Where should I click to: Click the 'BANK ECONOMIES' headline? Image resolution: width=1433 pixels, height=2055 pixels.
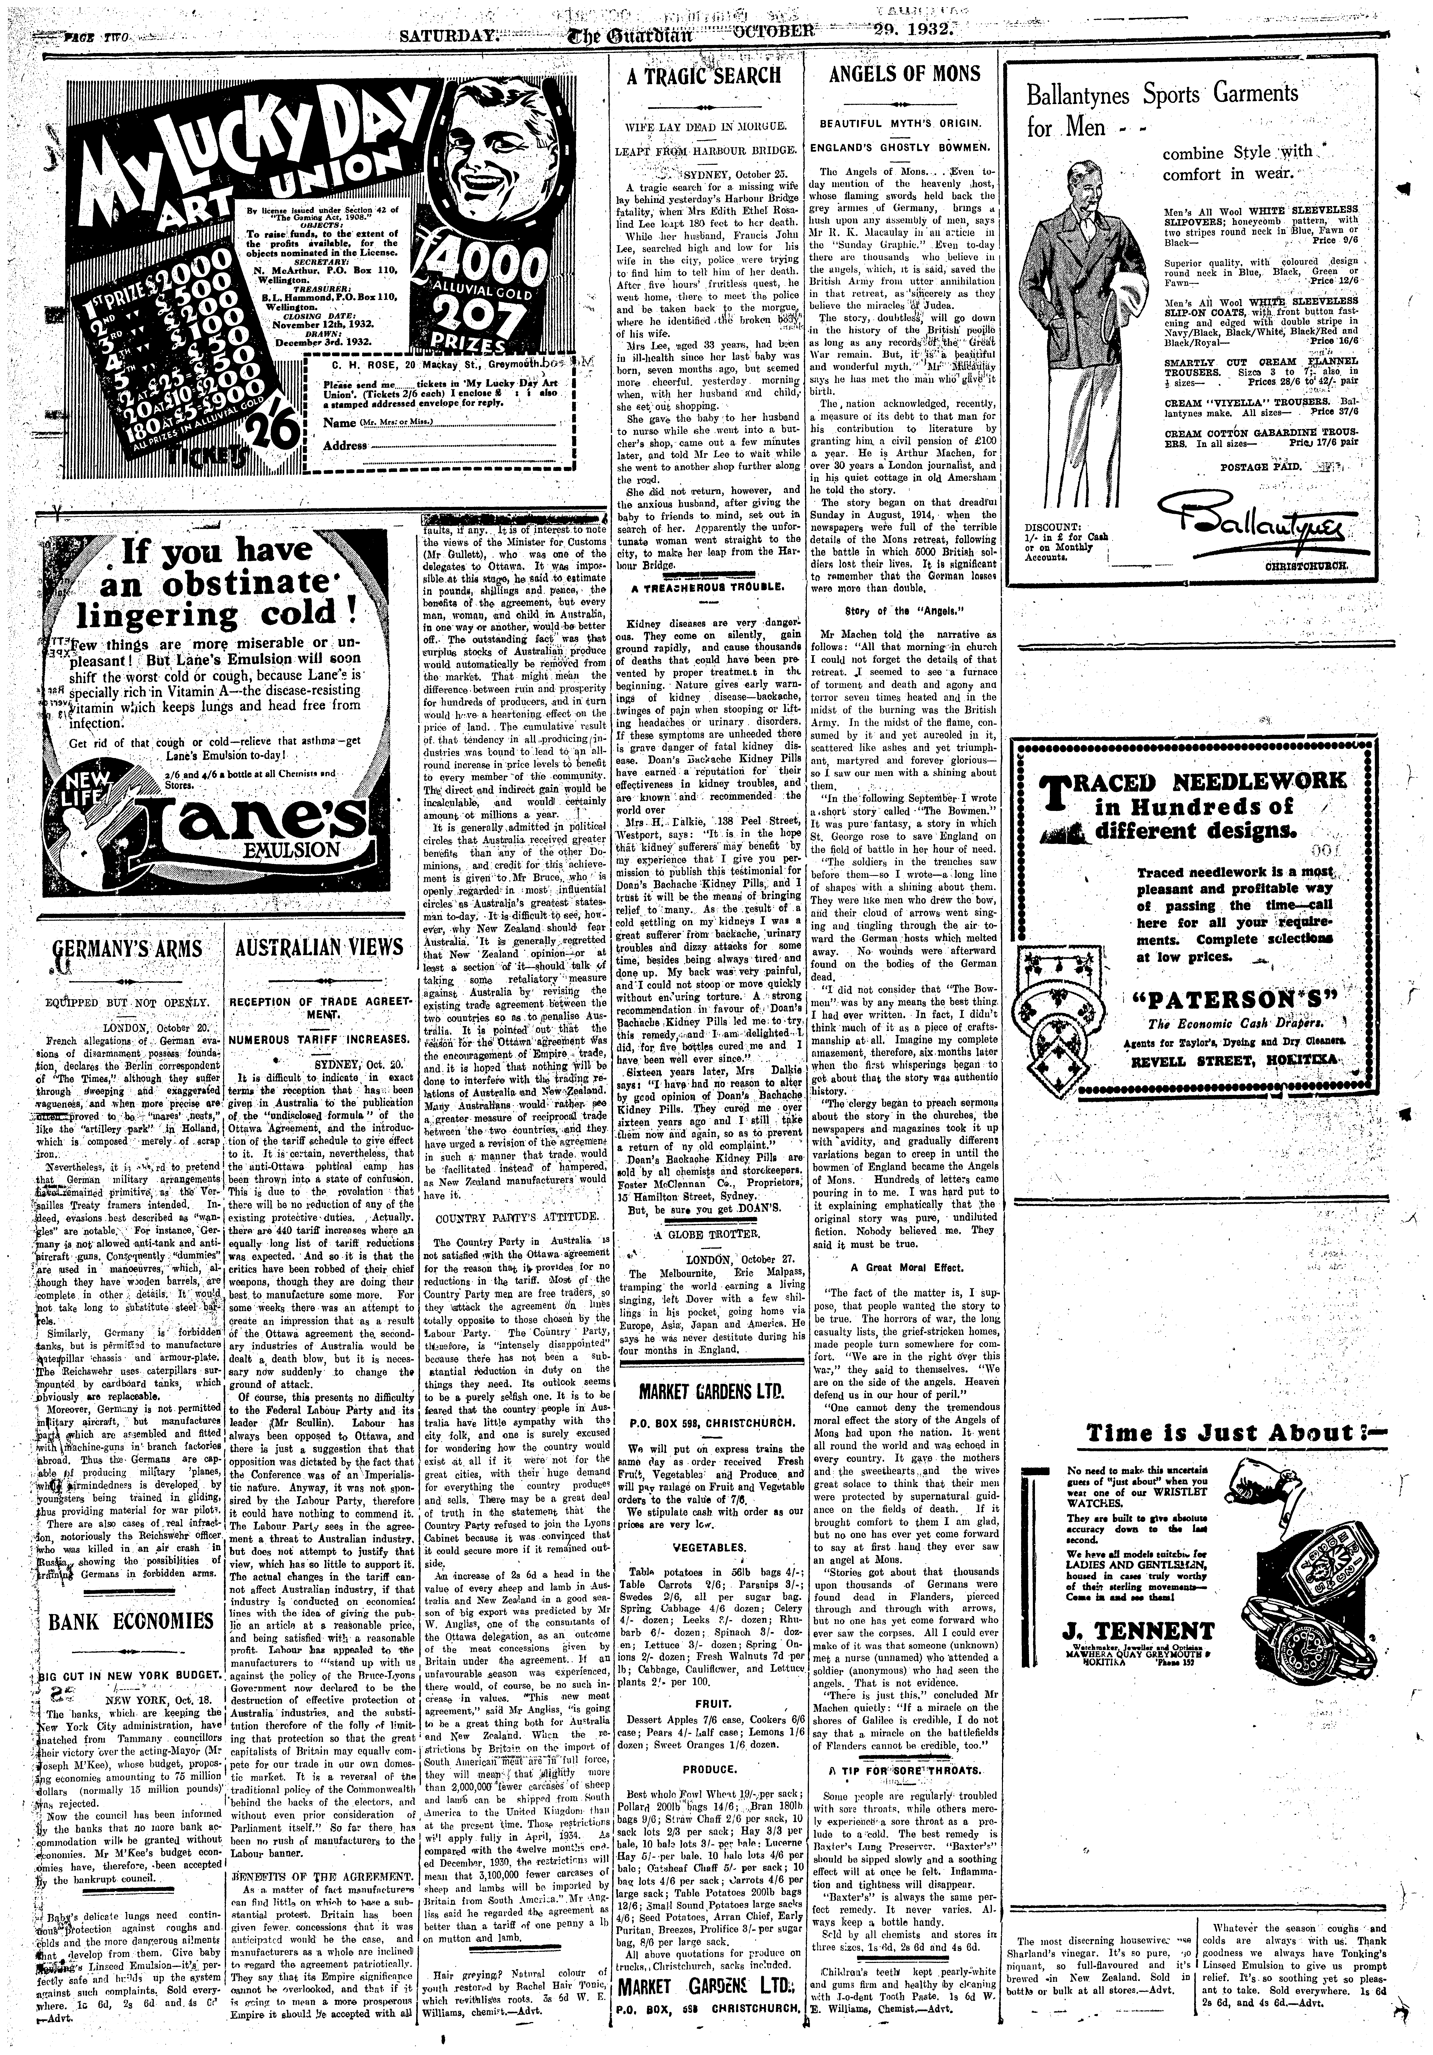pos(131,1621)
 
